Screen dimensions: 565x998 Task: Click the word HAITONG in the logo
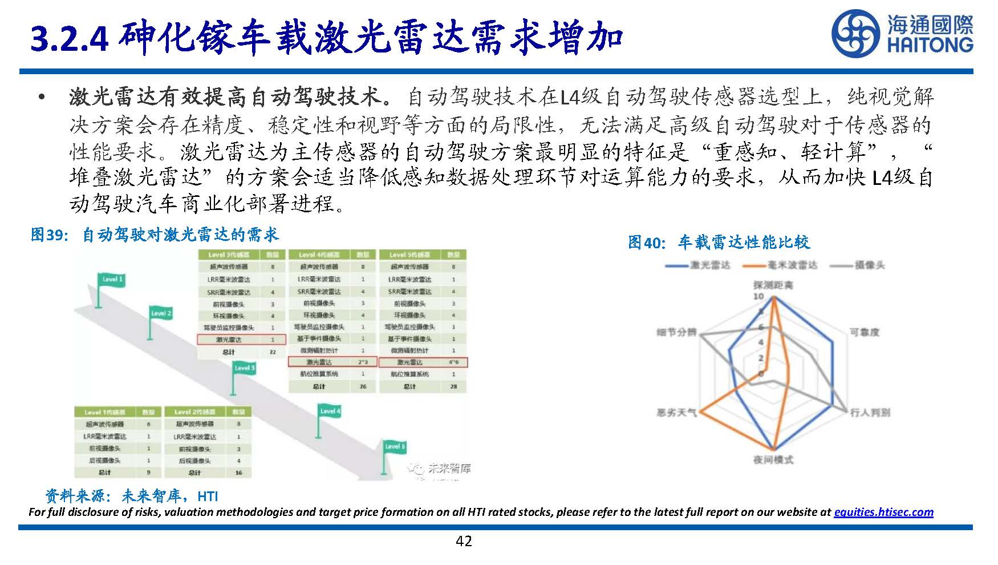click(x=930, y=45)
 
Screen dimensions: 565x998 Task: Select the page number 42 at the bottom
click(x=464, y=541)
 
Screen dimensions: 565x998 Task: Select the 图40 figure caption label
click(x=646, y=243)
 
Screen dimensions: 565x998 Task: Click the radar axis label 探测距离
click(x=772, y=285)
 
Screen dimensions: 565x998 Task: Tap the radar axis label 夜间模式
click(x=773, y=459)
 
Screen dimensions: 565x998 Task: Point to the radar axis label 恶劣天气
click(x=676, y=412)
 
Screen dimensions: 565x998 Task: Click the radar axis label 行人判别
click(x=869, y=412)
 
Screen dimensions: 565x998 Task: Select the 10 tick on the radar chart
click(x=758, y=297)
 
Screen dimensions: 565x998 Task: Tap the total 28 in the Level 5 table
click(x=453, y=386)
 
